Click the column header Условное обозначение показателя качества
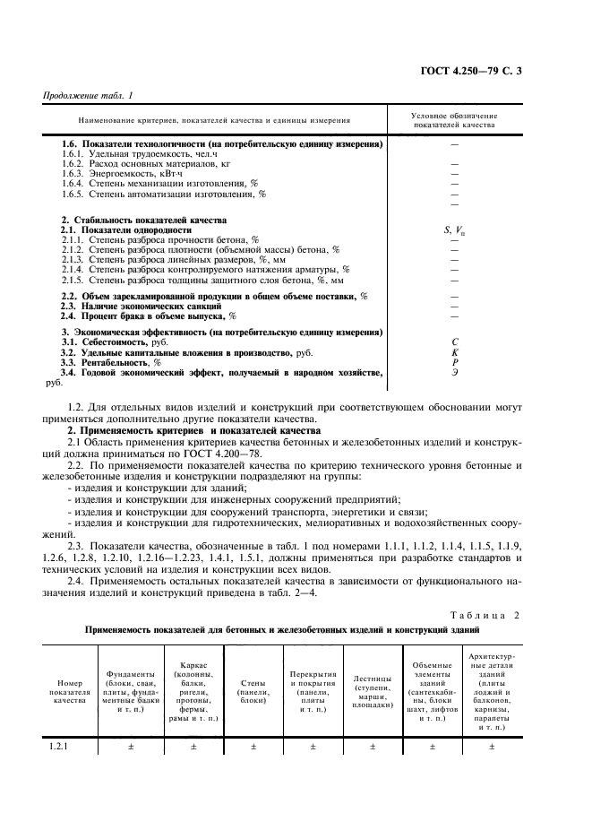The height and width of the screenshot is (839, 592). coord(454,120)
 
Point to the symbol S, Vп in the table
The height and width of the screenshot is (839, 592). coord(454,230)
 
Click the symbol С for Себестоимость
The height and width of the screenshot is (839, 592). coord(454,342)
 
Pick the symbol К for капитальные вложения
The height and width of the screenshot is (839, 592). coord(454,352)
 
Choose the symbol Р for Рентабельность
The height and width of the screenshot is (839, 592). coord(454,362)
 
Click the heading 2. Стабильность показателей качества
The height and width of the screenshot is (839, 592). coord(143,220)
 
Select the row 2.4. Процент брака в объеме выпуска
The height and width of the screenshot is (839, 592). coord(149,316)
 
